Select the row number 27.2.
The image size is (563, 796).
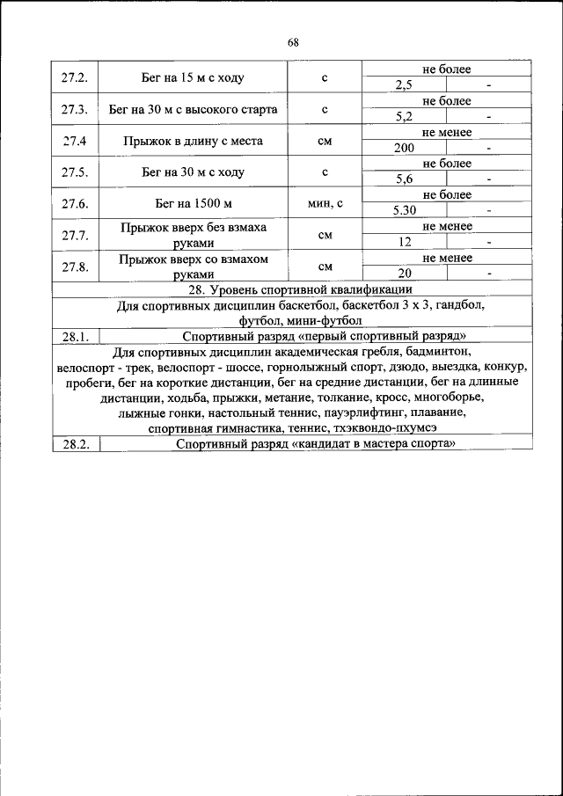[75, 78]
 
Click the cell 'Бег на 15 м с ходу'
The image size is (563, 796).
[193, 78]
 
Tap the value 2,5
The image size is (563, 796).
[405, 85]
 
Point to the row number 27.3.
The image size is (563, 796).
[75, 110]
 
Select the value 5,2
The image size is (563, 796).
[405, 117]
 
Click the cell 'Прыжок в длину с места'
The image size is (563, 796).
[193, 141]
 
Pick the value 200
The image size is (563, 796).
[405, 148]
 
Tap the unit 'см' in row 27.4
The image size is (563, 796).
[325, 141]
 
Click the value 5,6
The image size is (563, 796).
[405, 179]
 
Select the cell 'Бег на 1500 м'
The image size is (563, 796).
[193, 204]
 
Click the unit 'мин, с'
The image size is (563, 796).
[325, 204]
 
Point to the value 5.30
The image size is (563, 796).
[405, 211]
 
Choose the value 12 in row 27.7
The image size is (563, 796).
[405, 242]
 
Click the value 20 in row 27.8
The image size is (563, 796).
[405, 274]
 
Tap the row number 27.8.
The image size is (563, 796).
[75, 267]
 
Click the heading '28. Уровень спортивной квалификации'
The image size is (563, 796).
[291, 289]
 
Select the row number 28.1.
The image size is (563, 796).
[75, 336]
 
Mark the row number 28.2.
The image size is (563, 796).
[75, 445]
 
